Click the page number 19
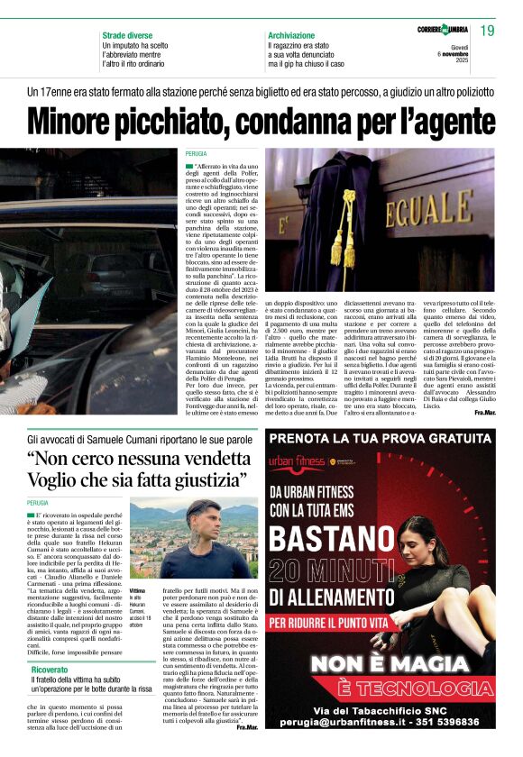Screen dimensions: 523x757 point(487,32)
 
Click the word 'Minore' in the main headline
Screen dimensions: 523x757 point(92,122)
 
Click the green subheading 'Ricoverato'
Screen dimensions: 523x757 point(50,670)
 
